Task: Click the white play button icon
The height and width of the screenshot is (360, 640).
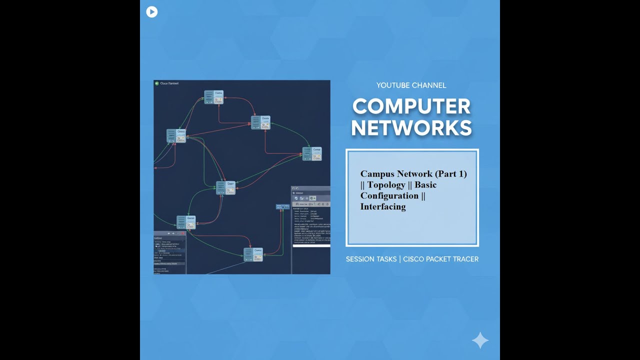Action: pyautogui.click(x=152, y=12)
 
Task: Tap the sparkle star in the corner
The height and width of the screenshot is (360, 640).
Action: pyautogui.click(x=480, y=340)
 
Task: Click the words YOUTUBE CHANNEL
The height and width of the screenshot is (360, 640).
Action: pyautogui.click(x=411, y=85)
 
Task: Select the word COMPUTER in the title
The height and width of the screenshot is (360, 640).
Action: pyautogui.click(x=411, y=106)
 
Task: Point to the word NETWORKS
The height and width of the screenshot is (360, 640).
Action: pyautogui.click(x=411, y=128)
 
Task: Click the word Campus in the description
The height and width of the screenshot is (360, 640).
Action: pyautogui.click(x=377, y=174)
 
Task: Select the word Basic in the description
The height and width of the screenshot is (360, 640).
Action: pyautogui.click(x=425, y=185)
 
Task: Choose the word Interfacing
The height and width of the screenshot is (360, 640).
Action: pyautogui.click(x=383, y=206)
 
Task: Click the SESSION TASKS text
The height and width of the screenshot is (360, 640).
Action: pyautogui.click(x=371, y=259)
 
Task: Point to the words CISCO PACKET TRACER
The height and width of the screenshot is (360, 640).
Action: pyautogui.click(x=440, y=259)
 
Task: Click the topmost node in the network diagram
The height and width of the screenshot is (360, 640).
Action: pyautogui.click(x=214, y=97)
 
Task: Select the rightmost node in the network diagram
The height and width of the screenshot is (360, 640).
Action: pyautogui.click(x=312, y=153)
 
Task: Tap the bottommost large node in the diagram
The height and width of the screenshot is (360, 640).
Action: pyautogui.click(x=253, y=254)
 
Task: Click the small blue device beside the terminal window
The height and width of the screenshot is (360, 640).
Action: pyautogui.click(x=282, y=206)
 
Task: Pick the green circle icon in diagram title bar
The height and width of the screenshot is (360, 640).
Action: pyautogui.click(x=157, y=83)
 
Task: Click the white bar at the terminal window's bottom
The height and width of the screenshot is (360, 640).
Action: pyautogui.click(x=311, y=245)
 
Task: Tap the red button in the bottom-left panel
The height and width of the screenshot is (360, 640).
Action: pyautogui.click(x=183, y=233)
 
